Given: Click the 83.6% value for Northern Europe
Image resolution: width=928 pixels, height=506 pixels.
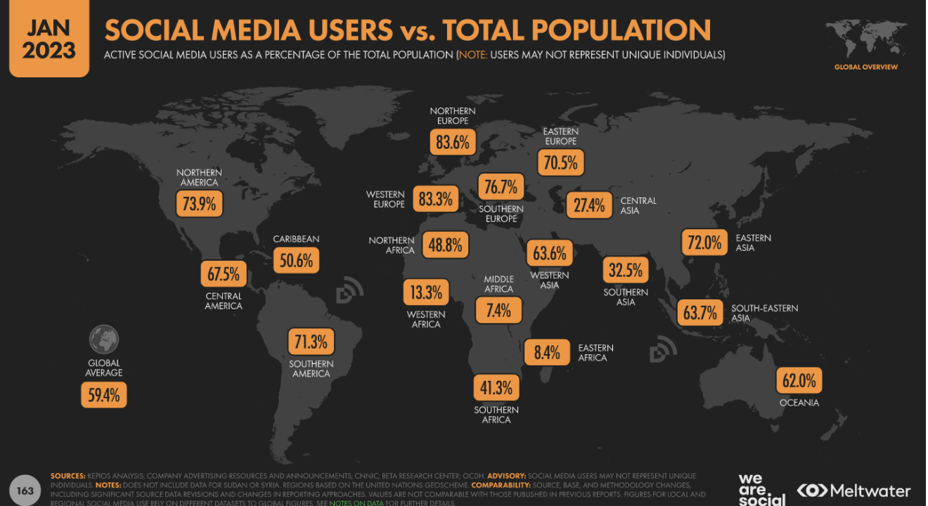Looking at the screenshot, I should click(452, 143).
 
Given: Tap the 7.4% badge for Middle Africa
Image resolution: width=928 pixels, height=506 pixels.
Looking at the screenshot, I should click(498, 310).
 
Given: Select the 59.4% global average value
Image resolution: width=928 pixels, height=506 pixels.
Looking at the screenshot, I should click(104, 395).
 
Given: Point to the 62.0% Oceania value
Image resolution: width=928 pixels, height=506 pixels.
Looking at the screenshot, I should click(799, 381).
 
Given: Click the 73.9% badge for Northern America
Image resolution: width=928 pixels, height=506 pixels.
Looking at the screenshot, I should click(199, 205).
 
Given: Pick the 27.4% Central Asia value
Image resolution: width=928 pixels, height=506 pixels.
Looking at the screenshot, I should click(588, 205).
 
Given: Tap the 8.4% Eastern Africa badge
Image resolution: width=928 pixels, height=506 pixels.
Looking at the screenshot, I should click(546, 352).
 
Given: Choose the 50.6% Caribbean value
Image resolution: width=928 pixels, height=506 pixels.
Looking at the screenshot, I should click(295, 260).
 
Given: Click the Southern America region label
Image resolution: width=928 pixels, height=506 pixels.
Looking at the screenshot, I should click(311, 369).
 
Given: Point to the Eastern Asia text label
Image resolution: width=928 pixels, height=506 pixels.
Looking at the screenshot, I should click(753, 242).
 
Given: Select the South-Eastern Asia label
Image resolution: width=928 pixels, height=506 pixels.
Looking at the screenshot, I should click(764, 313).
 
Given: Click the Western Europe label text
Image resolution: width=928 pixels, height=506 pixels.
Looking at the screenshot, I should click(385, 199).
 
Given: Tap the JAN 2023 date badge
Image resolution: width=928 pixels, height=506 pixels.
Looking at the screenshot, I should click(49, 39).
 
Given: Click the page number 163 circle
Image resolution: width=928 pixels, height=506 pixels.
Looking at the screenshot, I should click(25, 491).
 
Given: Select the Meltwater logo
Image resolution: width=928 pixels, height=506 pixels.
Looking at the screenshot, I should click(853, 491).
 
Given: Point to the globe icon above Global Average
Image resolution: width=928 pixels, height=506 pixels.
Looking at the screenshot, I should click(104, 339).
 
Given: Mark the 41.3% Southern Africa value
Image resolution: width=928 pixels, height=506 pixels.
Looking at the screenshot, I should click(496, 387).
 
